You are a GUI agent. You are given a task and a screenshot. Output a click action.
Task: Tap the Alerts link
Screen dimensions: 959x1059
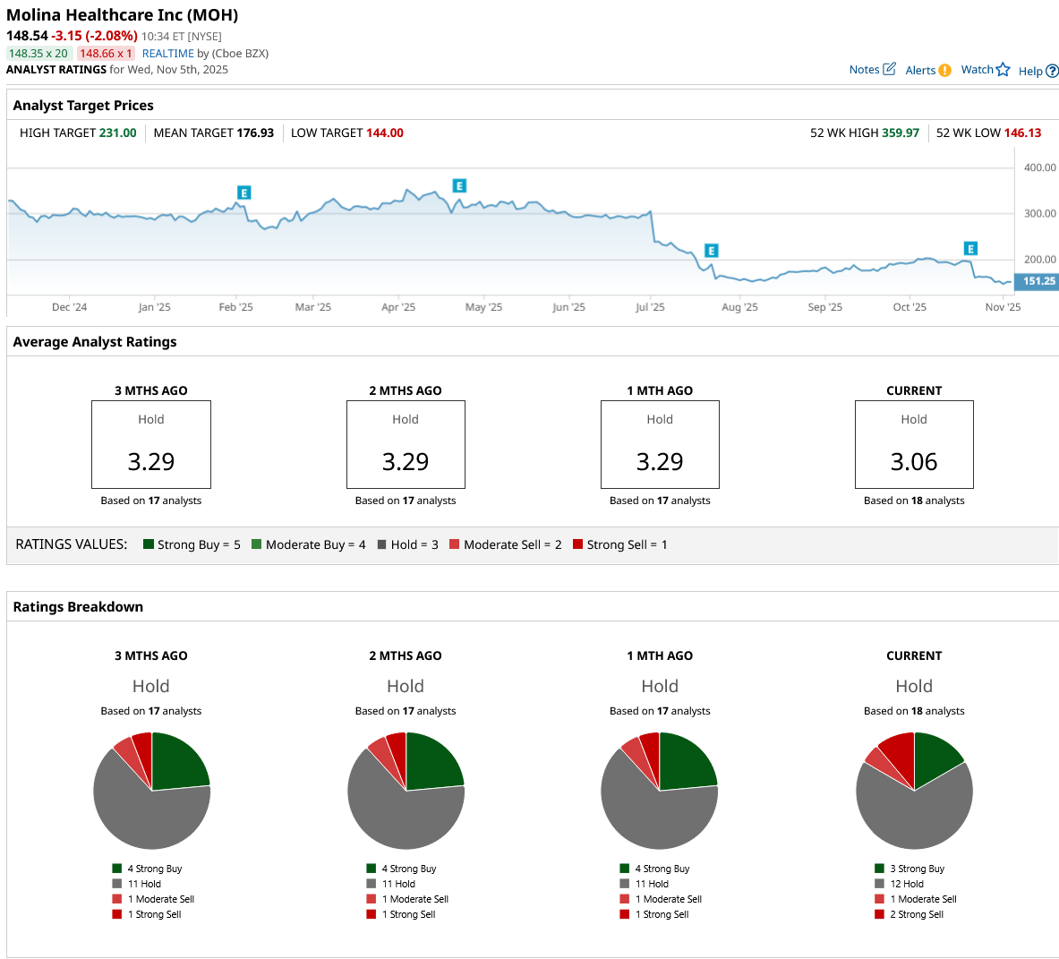[927, 71]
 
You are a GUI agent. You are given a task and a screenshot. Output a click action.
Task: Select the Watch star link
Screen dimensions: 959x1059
[985, 70]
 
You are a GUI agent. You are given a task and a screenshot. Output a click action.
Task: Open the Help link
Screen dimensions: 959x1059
[1038, 72]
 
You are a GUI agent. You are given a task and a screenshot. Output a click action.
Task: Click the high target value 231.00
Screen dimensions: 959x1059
[117, 133]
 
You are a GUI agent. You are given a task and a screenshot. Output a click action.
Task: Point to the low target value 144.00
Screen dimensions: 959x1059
[385, 133]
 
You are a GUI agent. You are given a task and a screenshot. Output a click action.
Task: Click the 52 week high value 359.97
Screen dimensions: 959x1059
[901, 133]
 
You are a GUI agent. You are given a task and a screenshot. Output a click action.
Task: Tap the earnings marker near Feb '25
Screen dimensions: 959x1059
[243, 193]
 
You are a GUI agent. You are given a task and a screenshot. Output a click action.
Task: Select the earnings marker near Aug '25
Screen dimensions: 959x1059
[711, 251]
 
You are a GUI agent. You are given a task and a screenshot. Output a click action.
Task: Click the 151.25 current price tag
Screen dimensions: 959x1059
[1038, 281]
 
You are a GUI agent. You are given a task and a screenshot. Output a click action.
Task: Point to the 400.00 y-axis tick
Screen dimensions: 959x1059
[1040, 168]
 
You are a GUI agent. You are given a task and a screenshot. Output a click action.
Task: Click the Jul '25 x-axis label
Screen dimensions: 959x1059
[650, 307]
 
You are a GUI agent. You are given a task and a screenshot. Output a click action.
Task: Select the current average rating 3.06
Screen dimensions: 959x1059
[914, 462]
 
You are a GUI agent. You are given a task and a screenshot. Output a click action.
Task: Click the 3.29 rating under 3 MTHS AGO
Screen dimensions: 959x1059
[151, 462]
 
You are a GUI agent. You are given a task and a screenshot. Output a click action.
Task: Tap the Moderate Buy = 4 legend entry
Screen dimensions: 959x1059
[309, 544]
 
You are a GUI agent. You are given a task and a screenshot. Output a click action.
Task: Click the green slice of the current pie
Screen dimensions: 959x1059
[935, 758]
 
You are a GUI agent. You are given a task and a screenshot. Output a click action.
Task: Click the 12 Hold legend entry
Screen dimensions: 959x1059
[906, 884]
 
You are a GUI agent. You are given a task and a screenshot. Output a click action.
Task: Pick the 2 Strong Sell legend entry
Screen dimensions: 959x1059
[916, 914]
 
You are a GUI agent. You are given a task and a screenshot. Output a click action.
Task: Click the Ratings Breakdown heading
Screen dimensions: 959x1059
[78, 607]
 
